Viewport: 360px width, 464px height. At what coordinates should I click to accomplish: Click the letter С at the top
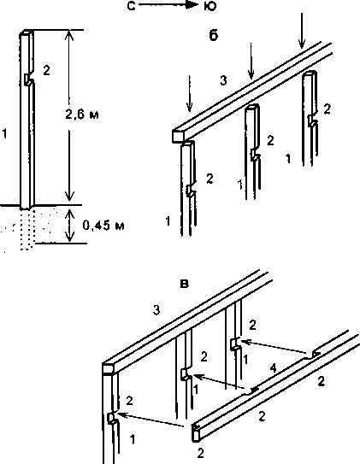pos(131,6)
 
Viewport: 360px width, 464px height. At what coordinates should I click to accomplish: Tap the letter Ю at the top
pos(210,6)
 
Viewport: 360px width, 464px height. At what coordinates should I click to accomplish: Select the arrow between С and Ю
pos(168,5)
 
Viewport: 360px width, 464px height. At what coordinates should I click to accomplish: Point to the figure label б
pos(214,35)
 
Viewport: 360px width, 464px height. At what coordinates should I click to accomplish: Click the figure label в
pos(184,285)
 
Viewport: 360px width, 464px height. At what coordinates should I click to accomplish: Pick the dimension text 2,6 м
pos(82,114)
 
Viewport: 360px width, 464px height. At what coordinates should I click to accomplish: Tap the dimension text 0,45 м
pos(103,226)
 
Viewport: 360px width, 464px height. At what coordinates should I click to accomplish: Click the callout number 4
pos(273,368)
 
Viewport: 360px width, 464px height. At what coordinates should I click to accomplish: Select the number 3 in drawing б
pos(224,80)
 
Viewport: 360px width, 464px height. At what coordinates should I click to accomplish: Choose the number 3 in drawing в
pos(156,310)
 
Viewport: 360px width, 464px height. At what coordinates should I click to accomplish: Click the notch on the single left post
pos(28,79)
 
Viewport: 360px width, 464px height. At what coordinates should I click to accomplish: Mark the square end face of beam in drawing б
pos(178,136)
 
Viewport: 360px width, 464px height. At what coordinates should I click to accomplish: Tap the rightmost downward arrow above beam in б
pos(301,30)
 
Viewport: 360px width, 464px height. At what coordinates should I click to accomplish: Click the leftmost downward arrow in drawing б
pos(189,93)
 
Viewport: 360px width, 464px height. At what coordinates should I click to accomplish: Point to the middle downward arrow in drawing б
pos(251,62)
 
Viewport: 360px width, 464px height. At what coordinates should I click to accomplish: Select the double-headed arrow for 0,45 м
pos(69,226)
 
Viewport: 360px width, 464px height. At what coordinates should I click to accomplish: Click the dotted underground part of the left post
pos(27,228)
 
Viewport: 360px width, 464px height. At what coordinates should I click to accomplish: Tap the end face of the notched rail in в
pos(195,433)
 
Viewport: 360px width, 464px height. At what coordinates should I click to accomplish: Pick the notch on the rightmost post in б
pos(313,120)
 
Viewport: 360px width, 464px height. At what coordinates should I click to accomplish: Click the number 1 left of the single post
pos(4,134)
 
